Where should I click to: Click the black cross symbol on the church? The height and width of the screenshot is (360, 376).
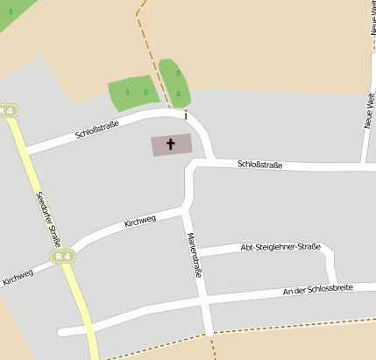tap(170, 144)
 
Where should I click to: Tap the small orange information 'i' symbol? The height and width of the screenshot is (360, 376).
tap(186, 115)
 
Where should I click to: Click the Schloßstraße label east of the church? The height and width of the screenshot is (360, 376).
tap(259, 164)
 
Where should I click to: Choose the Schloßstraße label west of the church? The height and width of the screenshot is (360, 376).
tap(96, 130)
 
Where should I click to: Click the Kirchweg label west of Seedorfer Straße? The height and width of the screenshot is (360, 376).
tap(18, 277)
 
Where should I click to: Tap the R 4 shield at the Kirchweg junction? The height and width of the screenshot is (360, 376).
tap(62, 256)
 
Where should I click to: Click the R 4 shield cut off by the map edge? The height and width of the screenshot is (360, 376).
tap(7, 110)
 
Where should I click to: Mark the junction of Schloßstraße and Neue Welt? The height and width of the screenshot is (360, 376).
tap(365, 164)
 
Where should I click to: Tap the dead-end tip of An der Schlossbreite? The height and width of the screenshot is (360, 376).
tap(60, 332)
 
